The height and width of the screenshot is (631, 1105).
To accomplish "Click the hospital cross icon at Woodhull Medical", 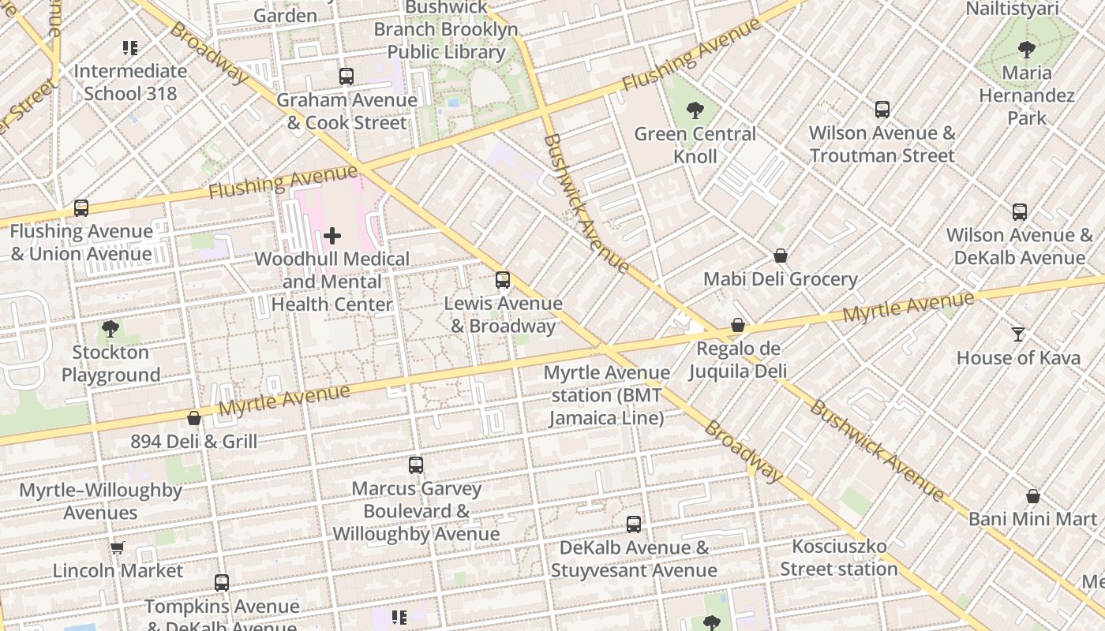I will (x=332, y=235).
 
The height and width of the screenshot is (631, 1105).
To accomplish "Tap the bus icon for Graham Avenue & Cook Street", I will (x=346, y=77).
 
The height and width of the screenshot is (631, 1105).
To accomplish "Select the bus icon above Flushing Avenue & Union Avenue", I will (x=81, y=208).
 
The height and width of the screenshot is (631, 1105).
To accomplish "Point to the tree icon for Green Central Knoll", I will (x=695, y=110).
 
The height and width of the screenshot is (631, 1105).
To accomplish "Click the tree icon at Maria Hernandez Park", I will (x=1026, y=50).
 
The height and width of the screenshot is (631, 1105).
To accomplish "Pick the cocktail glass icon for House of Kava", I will (x=1018, y=334).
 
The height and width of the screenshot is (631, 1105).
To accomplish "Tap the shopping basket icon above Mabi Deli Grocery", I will (x=780, y=256).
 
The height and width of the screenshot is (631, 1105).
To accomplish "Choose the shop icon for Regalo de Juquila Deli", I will (x=737, y=325).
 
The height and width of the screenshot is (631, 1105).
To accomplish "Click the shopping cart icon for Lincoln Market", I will (x=117, y=547).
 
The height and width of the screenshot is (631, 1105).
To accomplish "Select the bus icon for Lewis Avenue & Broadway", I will (x=502, y=280).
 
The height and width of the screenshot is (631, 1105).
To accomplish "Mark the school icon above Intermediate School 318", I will (x=130, y=48).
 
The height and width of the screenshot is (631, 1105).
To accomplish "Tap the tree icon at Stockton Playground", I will (x=110, y=329).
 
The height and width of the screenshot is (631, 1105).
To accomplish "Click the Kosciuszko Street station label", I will (x=839, y=558).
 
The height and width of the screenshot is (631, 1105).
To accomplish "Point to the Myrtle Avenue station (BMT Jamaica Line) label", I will (x=607, y=395).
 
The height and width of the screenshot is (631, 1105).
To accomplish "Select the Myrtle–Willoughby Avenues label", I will (x=100, y=502).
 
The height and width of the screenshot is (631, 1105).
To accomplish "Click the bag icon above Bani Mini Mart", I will (x=1032, y=496).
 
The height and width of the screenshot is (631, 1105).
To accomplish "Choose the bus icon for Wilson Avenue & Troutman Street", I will (x=882, y=110).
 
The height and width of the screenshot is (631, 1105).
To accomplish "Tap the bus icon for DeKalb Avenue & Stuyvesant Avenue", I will (x=633, y=525).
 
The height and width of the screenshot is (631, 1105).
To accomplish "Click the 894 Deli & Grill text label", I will (x=193, y=441).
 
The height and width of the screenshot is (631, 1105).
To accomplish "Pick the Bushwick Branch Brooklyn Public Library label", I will (x=446, y=30).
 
